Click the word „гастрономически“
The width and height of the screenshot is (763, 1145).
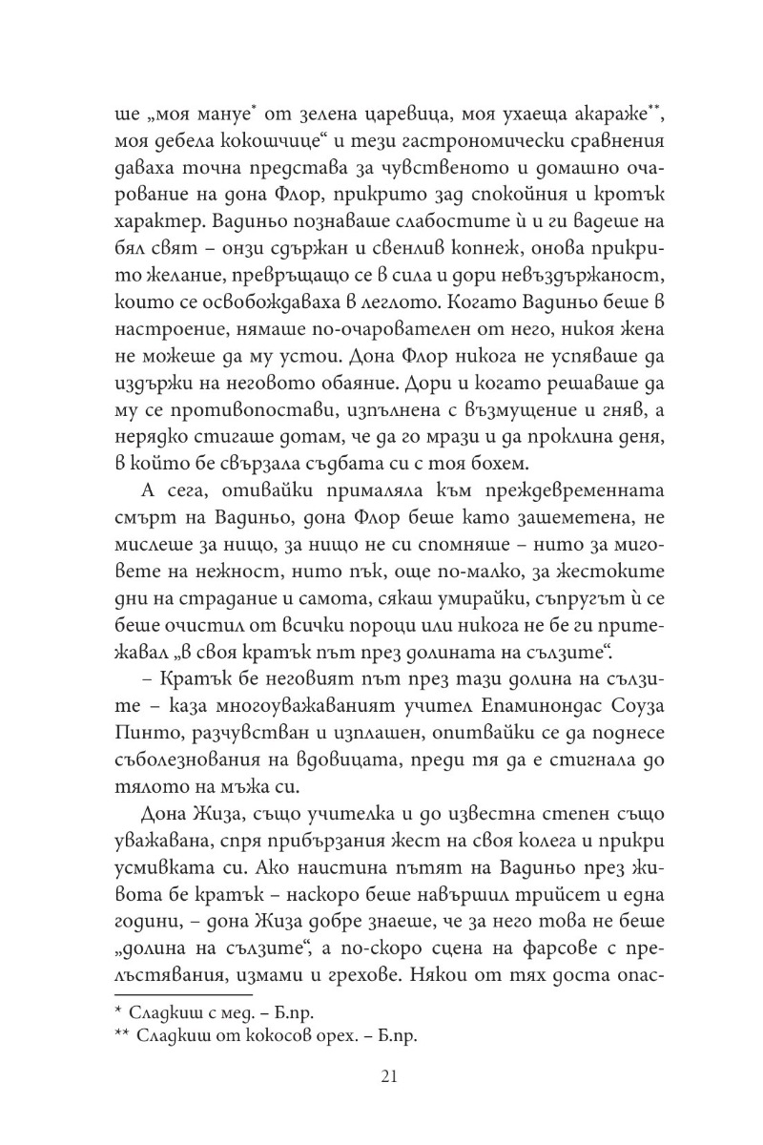502,142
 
